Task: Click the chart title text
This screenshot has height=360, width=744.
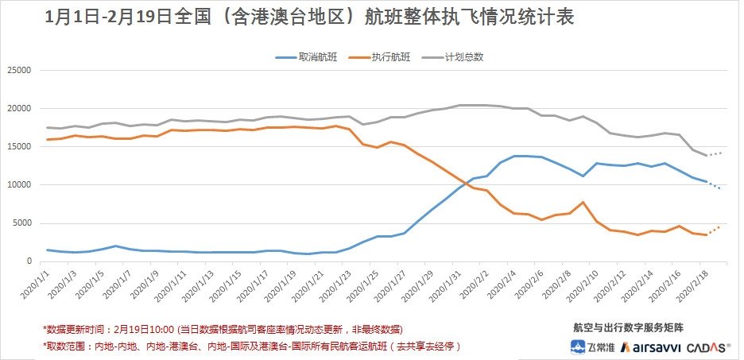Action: (x=310, y=17)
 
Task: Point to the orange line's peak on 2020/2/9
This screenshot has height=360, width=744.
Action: (x=583, y=203)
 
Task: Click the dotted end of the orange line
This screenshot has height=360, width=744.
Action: (x=715, y=230)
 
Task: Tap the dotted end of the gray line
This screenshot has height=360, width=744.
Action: (x=715, y=153)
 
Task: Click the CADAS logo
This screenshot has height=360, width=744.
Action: (x=708, y=346)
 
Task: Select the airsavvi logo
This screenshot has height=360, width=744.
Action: (x=652, y=346)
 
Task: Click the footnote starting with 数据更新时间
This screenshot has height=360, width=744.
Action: (x=223, y=328)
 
